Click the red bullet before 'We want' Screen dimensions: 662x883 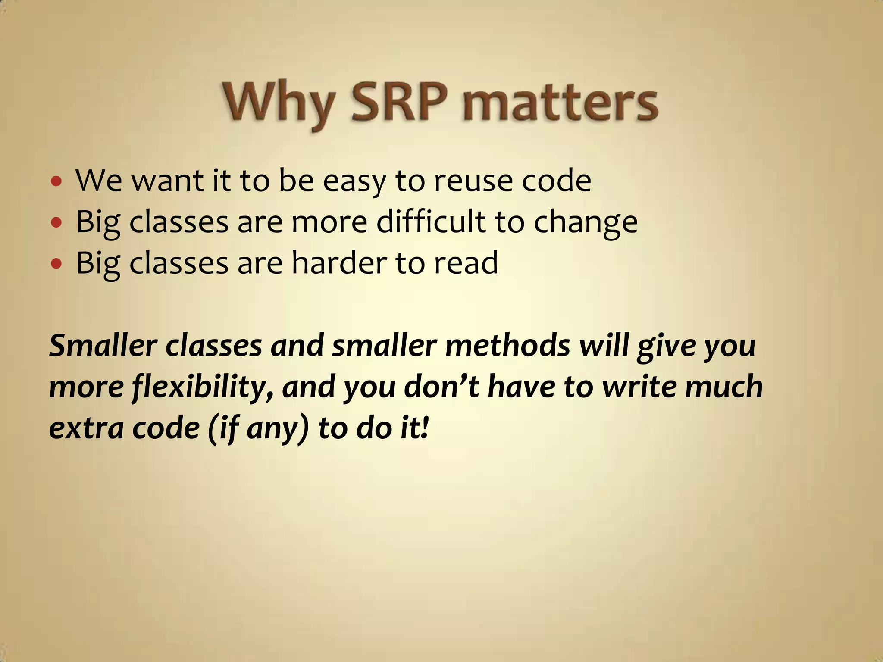[x=56, y=181]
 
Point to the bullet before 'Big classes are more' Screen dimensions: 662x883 [x=56, y=222]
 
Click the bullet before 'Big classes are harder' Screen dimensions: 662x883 [x=56, y=263]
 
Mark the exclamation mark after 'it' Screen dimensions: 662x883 [x=425, y=428]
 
